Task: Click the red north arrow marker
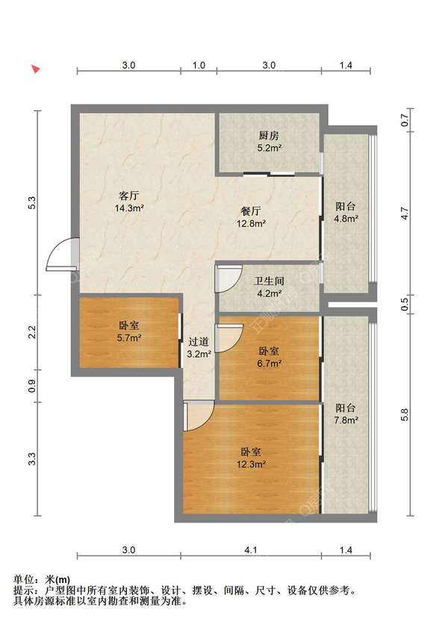[x=36, y=69]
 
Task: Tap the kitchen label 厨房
[x=269, y=136]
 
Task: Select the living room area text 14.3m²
[x=129, y=208]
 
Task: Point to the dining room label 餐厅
[x=251, y=211]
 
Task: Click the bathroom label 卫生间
[x=269, y=281]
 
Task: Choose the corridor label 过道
[x=199, y=342]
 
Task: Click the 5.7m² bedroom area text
[x=129, y=338]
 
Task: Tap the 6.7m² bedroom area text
[x=270, y=364]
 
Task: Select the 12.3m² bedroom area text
[x=251, y=464]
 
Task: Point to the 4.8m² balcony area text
[x=346, y=219]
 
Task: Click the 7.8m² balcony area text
[x=346, y=420]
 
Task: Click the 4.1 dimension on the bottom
[x=251, y=550]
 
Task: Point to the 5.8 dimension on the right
[x=405, y=414]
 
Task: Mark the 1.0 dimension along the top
[x=199, y=65]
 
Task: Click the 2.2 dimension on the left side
[x=32, y=332]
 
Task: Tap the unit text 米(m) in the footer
[x=58, y=579]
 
